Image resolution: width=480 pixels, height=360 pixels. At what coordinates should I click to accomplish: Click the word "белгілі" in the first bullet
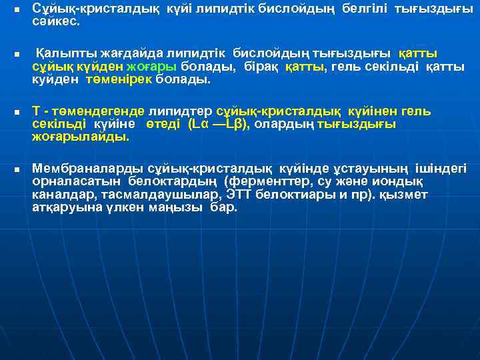[x=365, y=9]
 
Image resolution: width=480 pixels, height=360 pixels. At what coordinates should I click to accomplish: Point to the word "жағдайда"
[x=125, y=53]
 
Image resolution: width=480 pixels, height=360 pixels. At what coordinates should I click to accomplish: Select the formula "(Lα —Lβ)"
[x=217, y=124]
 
